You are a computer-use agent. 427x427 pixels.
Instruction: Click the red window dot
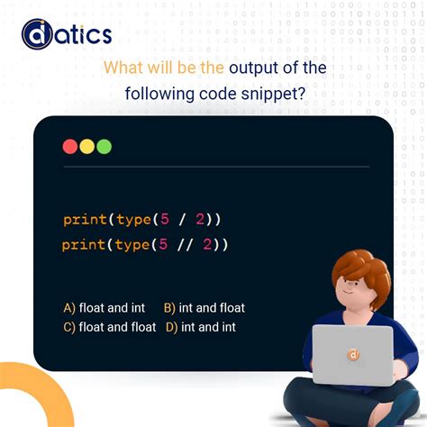pos(70,146)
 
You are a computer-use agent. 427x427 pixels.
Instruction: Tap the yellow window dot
pos(87,146)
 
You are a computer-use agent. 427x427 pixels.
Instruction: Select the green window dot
pos(104,146)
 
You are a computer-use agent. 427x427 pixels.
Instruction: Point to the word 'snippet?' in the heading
pos(274,93)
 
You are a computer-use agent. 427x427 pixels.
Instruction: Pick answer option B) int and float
pos(204,308)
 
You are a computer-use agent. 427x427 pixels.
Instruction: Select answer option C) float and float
pos(109,327)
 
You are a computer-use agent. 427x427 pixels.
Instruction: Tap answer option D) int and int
pos(201,327)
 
